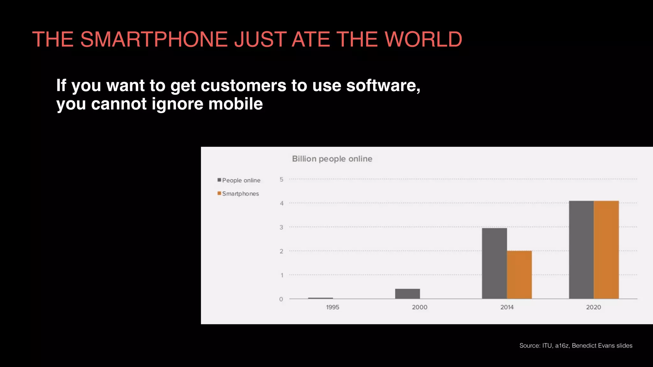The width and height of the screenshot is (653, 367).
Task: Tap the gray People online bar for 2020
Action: pyautogui.click(x=581, y=250)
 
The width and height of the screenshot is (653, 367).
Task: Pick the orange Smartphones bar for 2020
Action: pyautogui.click(x=606, y=250)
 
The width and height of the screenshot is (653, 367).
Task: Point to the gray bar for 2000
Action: pyautogui.click(x=407, y=294)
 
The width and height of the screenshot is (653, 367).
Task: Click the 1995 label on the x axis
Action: pyautogui.click(x=333, y=307)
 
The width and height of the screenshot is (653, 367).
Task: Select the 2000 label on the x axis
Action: pyautogui.click(x=420, y=307)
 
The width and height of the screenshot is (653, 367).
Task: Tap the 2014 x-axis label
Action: pyautogui.click(x=507, y=307)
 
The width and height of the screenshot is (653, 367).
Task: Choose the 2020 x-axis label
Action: pyautogui.click(x=593, y=307)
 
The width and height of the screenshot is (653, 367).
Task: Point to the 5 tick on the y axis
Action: pyautogui.click(x=281, y=179)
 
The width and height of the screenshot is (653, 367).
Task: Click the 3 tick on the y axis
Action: pyautogui.click(x=281, y=227)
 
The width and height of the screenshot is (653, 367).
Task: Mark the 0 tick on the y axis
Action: pyautogui.click(x=281, y=299)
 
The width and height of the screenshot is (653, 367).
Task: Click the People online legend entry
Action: pyautogui.click(x=239, y=180)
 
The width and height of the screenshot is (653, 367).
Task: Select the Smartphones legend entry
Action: pyautogui.click(x=238, y=194)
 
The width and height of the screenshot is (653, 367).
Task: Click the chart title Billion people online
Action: pyautogui.click(x=332, y=159)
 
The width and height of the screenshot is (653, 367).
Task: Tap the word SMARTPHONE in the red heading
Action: pyautogui.click(x=154, y=40)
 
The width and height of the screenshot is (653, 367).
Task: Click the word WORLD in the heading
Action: pyautogui.click(x=423, y=40)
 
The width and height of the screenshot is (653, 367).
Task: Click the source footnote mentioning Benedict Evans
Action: pyautogui.click(x=576, y=346)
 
